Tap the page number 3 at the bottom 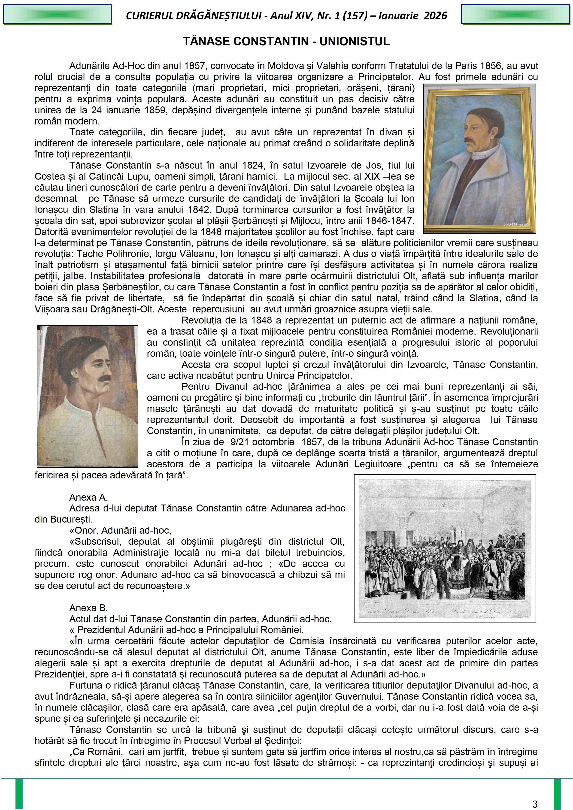tap(535, 804)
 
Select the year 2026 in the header tap(435, 15)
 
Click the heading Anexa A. tap(88, 497)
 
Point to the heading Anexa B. tap(88, 608)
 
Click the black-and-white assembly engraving tap(445, 549)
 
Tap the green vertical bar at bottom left tap(19, 794)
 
